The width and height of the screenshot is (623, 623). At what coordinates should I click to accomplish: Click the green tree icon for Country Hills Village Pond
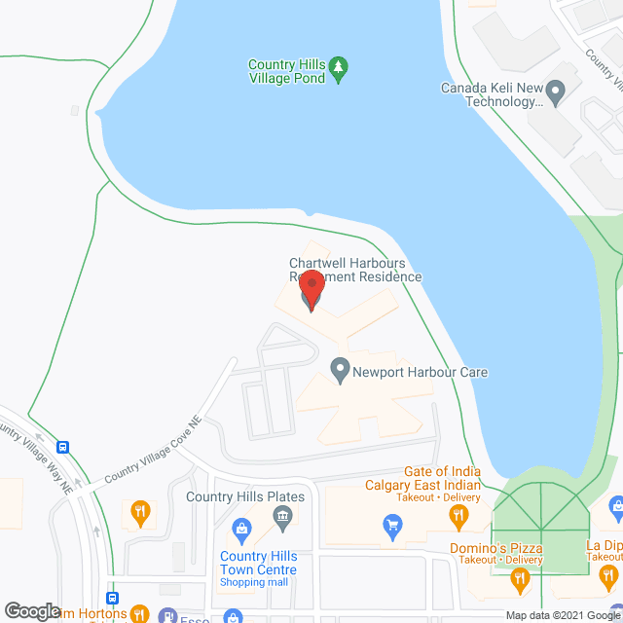click(338, 67)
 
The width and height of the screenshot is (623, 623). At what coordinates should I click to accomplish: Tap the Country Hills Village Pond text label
click(286, 72)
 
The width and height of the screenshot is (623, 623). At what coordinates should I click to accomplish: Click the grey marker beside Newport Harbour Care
click(340, 371)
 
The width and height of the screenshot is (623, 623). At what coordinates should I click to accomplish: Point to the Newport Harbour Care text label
click(420, 372)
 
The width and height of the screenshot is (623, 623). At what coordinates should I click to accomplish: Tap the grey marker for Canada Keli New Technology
click(556, 94)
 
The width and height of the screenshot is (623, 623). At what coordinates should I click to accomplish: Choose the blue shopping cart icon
click(392, 529)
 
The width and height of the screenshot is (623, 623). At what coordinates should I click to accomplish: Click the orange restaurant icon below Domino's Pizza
click(520, 582)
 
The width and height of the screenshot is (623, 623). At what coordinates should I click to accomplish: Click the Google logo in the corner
click(32, 610)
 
